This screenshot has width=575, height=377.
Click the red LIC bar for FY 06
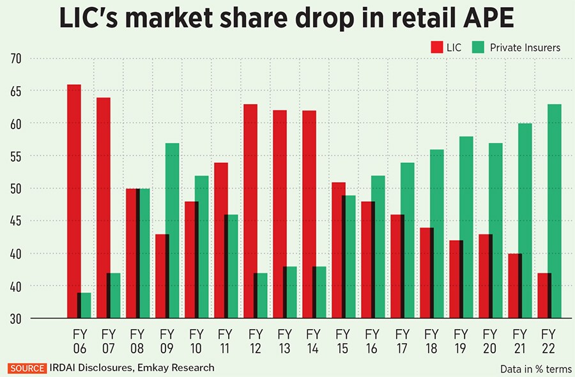point(74,201)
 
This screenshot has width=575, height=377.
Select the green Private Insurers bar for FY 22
point(555,211)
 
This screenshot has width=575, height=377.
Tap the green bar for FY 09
point(171,230)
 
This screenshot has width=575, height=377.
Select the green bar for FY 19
point(466,227)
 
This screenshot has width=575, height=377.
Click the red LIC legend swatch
point(438,47)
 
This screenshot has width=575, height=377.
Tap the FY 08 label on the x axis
point(136,341)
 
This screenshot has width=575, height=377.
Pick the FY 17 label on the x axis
point(401,341)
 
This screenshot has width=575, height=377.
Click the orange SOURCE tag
point(26,368)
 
